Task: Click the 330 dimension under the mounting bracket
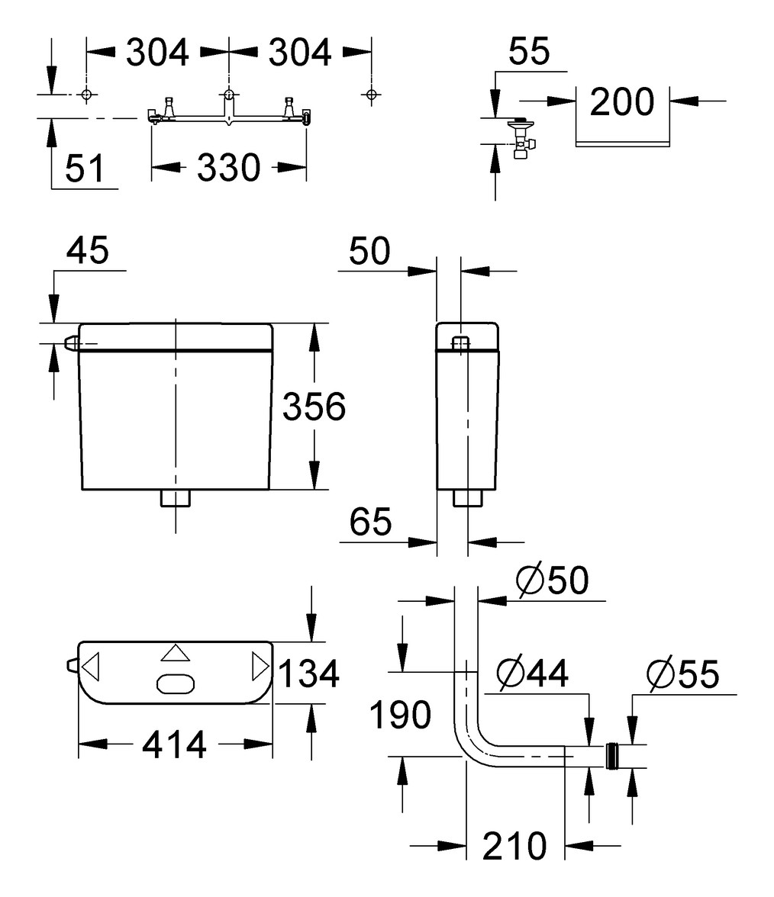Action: point(229,168)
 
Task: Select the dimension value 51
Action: point(84,169)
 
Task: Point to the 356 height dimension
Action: point(314,407)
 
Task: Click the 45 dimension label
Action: point(88,251)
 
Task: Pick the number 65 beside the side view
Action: point(370,522)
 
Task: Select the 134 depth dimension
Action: point(308,674)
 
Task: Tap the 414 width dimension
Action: point(175,744)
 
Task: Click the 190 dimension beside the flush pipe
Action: point(400,715)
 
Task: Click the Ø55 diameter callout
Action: point(682,674)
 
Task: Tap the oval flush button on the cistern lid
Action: point(176,684)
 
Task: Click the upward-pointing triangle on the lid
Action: point(175,653)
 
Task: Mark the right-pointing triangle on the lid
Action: point(260,667)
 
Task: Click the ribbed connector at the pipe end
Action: point(611,755)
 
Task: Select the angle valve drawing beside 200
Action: point(522,140)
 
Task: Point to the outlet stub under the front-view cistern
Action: point(176,499)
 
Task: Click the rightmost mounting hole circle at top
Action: point(371,95)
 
